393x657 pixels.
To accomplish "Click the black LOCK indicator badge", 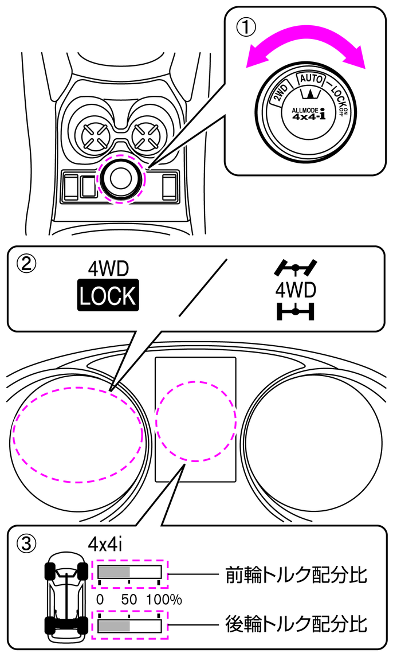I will [108, 296].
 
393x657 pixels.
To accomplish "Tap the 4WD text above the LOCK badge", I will [108, 268].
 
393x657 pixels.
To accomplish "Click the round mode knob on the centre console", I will [121, 178].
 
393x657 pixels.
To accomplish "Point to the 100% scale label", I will [164, 600].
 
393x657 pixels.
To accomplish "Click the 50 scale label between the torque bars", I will [129, 600].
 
